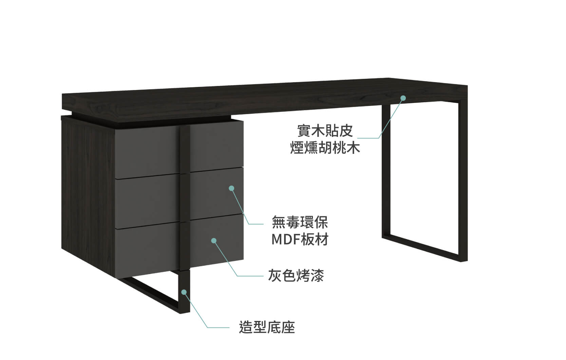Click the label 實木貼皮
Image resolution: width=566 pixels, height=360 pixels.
pyautogui.click(x=325, y=131)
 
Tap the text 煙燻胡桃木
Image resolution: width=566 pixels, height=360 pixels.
pyautogui.click(x=325, y=148)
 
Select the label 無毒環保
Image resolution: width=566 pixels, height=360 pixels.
pyautogui.click(x=300, y=222)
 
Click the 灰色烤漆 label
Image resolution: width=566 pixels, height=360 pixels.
pyautogui.click(x=296, y=275)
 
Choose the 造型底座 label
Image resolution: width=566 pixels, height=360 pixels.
pyautogui.click(x=267, y=327)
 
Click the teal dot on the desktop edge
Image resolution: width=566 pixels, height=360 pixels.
pyautogui.click(x=403, y=98)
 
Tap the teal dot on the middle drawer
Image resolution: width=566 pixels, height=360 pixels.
pyautogui.click(x=231, y=188)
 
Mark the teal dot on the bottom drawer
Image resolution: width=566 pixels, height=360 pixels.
pyautogui.click(x=214, y=240)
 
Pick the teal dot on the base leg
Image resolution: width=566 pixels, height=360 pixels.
pyautogui.click(x=184, y=292)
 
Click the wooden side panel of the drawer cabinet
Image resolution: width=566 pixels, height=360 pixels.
pyautogui.click(x=88, y=195)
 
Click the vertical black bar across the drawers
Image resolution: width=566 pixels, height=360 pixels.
pyautogui.click(x=185, y=197)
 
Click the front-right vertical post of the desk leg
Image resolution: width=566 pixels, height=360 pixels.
pyautogui.click(x=463, y=181)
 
